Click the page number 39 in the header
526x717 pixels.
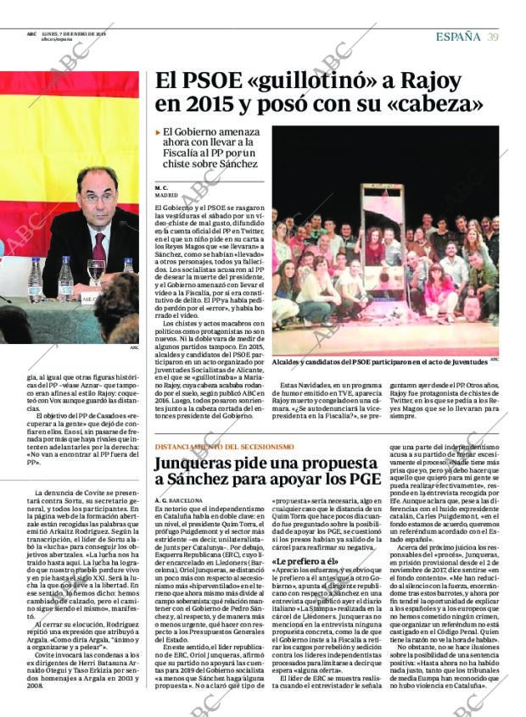tap(493, 36)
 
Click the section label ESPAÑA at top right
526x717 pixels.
tap(457, 36)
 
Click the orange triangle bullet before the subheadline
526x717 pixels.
tap(158, 133)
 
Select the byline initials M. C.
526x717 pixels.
tap(161, 186)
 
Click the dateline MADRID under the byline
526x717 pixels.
tap(166, 195)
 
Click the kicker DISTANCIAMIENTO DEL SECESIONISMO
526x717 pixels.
tap(224, 446)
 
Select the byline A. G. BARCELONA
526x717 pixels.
tap(178, 501)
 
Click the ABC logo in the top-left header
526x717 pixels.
tap(31, 34)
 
